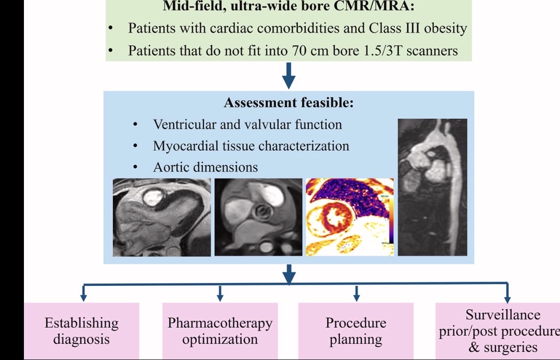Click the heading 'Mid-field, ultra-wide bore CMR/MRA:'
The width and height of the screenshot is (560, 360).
click(x=289, y=7)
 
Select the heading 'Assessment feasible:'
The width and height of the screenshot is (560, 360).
click(x=289, y=103)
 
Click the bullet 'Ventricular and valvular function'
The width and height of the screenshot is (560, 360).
click(x=248, y=124)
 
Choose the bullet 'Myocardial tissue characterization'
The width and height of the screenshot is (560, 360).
click(x=251, y=146)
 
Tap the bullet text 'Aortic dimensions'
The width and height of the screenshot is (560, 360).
click(x=205, y=167)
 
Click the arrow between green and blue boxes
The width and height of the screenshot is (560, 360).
click(x=289, y=76)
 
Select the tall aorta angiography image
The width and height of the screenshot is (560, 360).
click(x=432, y=187)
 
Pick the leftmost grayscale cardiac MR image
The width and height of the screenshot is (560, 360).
click(x=162, y=217)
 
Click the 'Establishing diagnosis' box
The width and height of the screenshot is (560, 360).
click(x=82, y=331)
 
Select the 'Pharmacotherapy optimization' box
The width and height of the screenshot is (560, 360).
click(x=220, y=331)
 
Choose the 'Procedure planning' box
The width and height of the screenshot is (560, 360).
click(x=355, y=331)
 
